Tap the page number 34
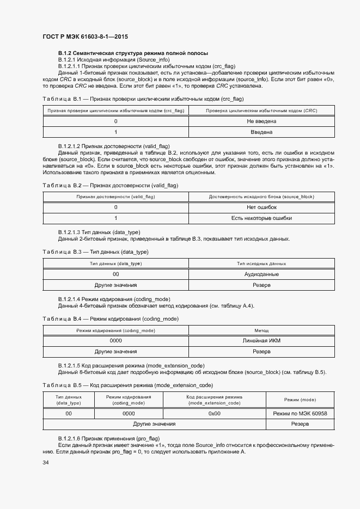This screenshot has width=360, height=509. [46, 463]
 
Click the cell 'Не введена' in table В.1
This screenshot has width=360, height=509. [261, 121]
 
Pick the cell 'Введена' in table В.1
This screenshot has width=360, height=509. [261, 132]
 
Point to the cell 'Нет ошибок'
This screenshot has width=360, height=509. [261, 207]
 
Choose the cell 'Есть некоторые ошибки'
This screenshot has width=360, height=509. [261, 218]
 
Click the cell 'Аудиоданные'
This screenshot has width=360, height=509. [261, 274]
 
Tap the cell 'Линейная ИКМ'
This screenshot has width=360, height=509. [261, 341]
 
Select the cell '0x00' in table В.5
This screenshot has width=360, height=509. [214, 413]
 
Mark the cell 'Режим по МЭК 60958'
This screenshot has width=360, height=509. [300, 413]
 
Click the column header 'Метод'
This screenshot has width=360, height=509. [261, 330]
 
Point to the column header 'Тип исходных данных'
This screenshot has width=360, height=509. [261, 263]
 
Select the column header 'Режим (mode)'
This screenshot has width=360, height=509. [300, 400]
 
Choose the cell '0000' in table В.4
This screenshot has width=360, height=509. [115, 341]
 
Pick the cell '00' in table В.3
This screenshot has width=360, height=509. [115, 274]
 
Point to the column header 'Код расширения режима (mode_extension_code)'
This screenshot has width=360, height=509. [214, 400]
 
